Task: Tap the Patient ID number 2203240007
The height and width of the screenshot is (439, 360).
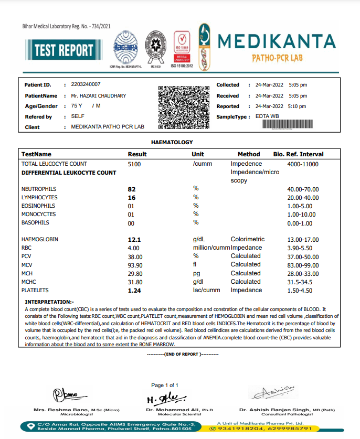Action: tap(86, 84)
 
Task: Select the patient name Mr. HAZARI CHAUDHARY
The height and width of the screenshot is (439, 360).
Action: tap(98, 96)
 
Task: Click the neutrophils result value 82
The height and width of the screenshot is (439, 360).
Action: tap(132, 189)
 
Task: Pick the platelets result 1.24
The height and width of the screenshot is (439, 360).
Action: tap(134, 290)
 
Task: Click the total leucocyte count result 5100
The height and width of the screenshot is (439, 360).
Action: tap(134, 164)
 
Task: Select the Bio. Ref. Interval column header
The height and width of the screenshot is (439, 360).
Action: tap(299, 154)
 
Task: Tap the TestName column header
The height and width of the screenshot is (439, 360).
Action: tap(36, 154)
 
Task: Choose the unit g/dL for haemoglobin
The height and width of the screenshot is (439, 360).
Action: tap(199, 240)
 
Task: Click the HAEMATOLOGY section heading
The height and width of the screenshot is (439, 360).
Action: tap(172, 142)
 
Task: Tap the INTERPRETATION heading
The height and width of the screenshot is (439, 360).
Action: tap(50, 302)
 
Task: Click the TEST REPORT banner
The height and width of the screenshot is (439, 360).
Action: tap(63, 50)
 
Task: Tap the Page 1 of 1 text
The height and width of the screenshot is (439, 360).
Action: tap(165, 386)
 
